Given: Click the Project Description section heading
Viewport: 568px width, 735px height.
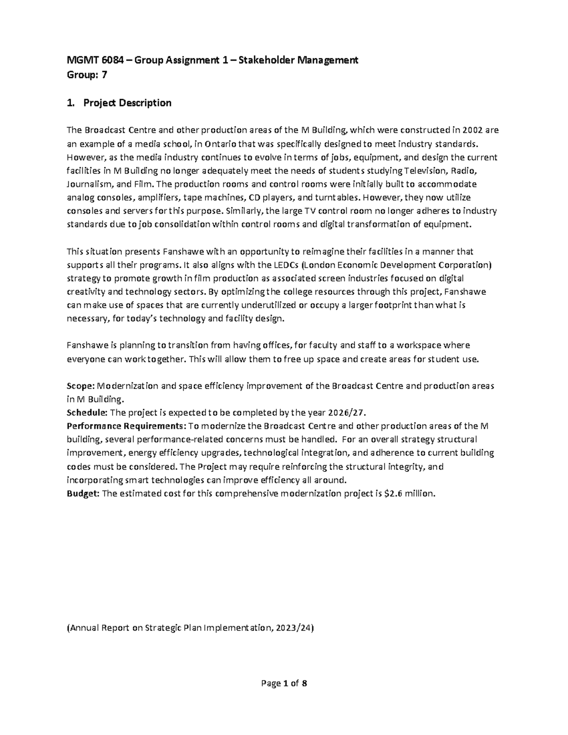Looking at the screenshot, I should pos(127,103).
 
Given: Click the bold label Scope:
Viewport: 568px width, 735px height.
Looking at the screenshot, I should pos(80,386).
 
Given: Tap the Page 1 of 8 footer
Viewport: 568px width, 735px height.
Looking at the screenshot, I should pos(284,683).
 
